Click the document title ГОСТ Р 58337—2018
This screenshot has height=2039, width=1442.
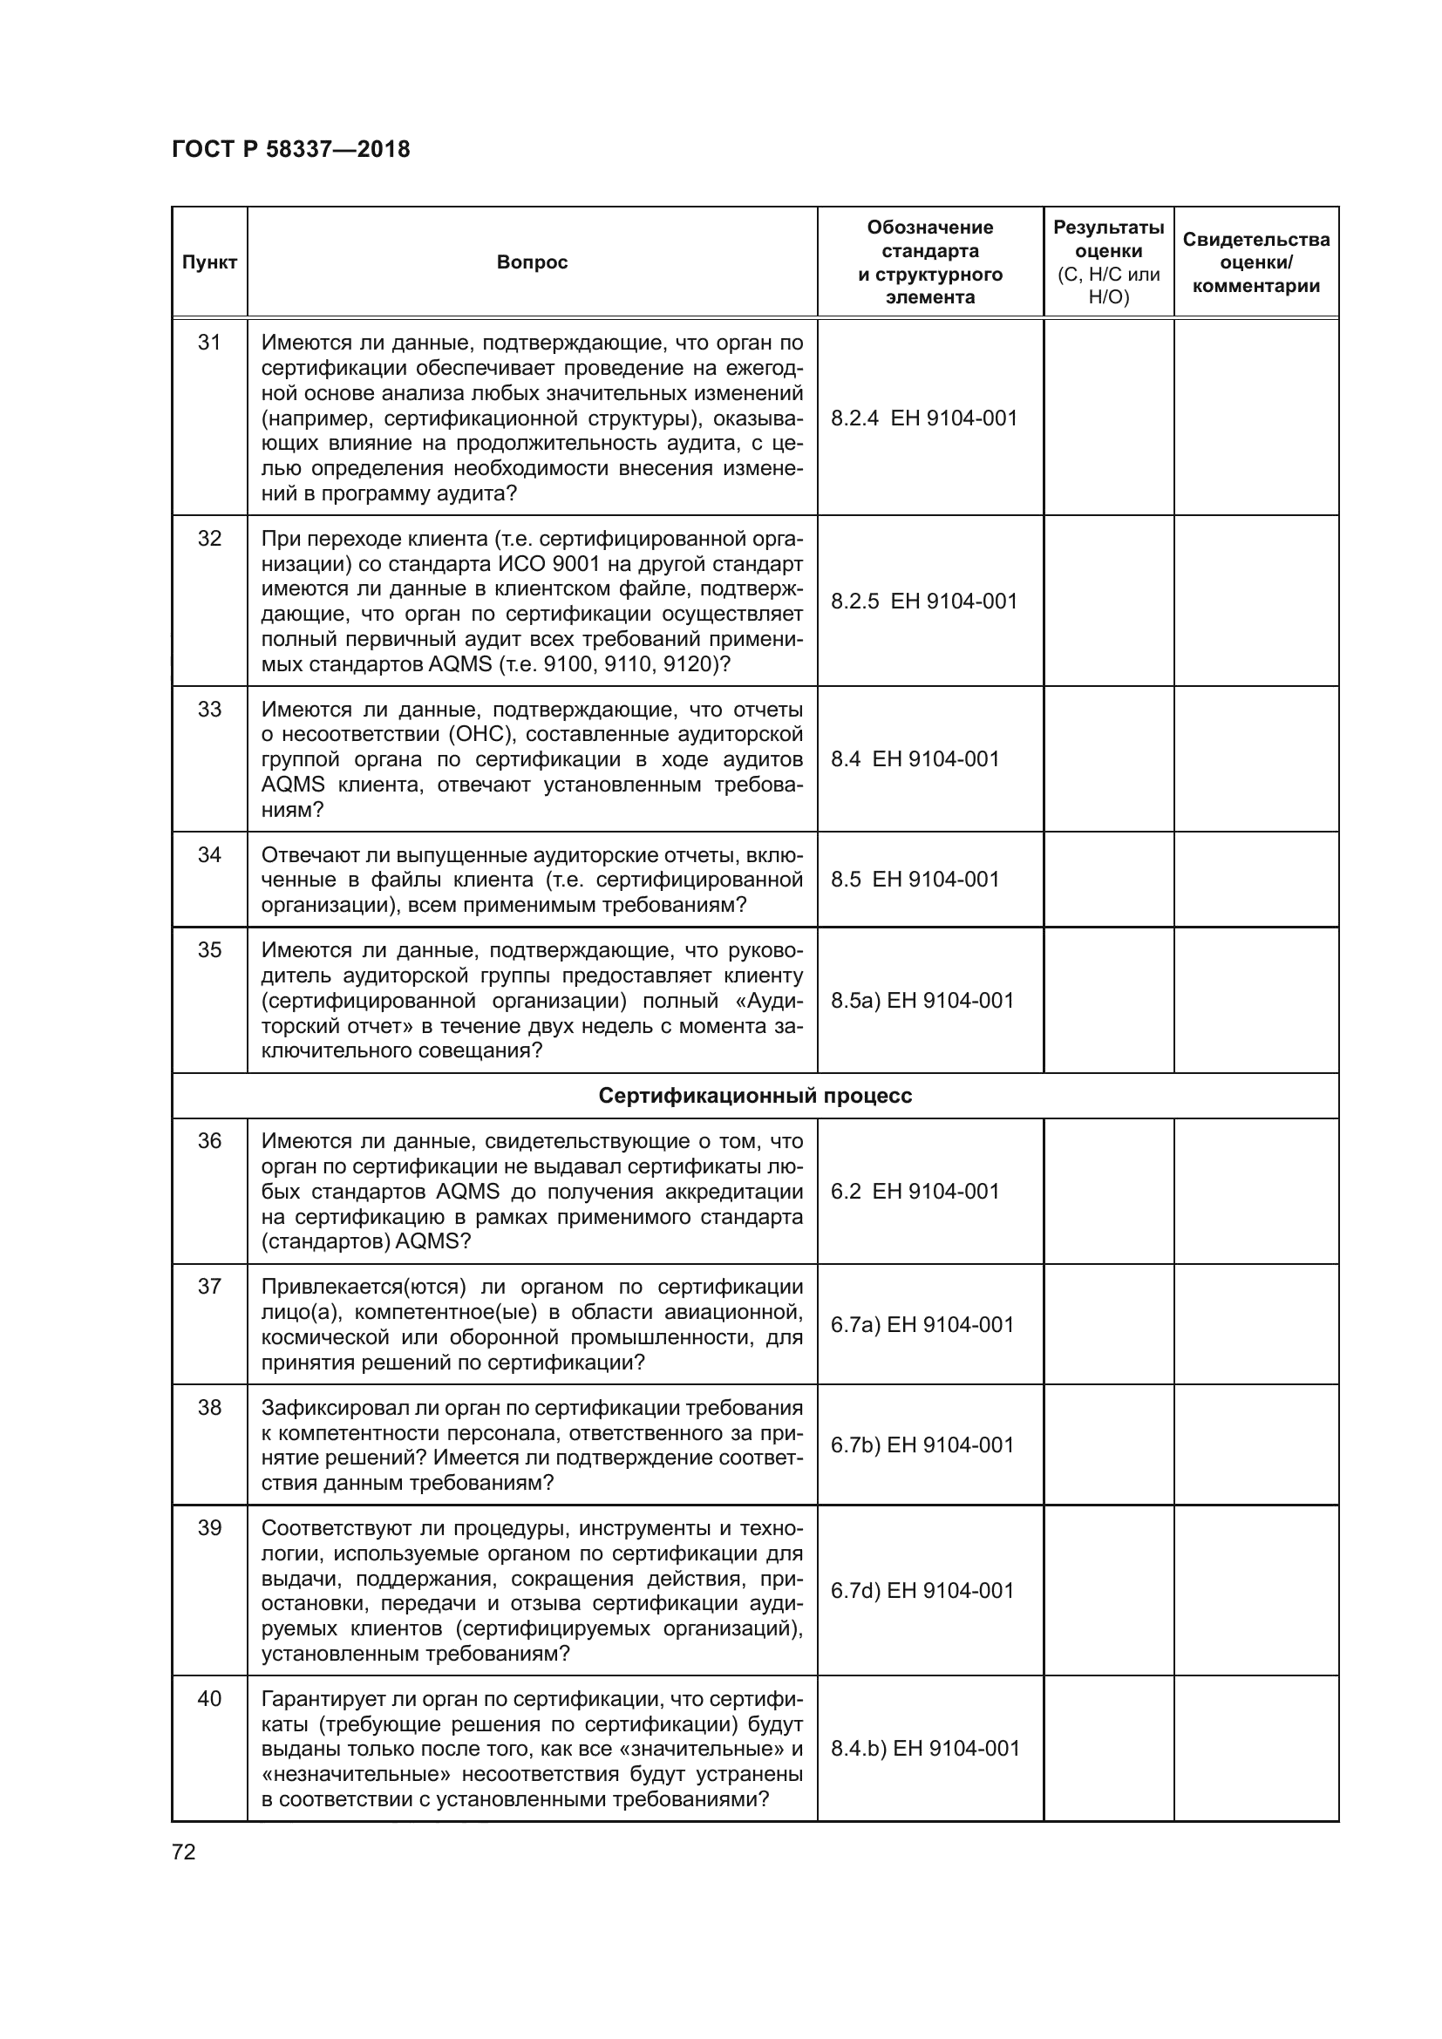(290, 149)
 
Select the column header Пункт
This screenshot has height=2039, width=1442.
(209, 262)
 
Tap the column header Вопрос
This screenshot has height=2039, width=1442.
(532, 262)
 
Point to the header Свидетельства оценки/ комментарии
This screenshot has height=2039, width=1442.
(1255, 262)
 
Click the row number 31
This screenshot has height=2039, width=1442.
(209, 343)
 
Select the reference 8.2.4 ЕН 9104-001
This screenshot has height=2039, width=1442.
(923, 418)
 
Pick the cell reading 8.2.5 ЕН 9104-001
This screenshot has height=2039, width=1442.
(923, 602)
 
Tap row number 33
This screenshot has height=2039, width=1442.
(209, 710)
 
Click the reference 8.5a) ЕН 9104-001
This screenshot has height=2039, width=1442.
(922, 1001)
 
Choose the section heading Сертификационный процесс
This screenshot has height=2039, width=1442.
(755, 1096)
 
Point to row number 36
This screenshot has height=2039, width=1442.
(209, 1141)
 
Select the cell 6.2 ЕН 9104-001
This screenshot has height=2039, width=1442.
(915, 1192)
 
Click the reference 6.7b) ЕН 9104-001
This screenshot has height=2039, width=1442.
(922, 1444)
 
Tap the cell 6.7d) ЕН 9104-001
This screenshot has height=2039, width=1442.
(922, 1591)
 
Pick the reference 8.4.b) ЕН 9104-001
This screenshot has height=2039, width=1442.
(925, 1749)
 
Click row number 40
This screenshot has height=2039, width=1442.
(209, 1699)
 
